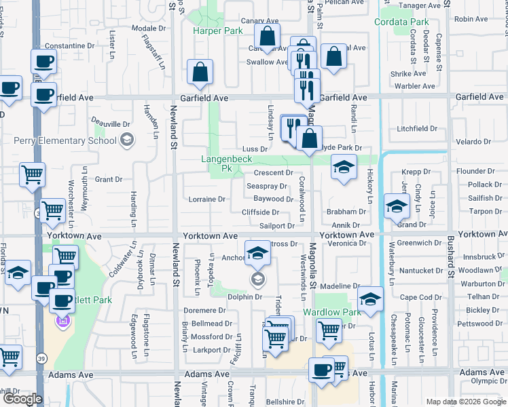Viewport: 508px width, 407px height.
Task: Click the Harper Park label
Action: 217,31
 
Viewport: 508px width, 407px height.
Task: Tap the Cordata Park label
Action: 401,22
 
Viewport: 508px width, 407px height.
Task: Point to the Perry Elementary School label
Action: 65,141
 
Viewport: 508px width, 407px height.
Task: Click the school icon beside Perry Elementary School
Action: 126,140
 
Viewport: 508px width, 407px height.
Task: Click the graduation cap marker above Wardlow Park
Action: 370,298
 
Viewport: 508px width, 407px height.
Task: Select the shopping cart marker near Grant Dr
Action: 33,174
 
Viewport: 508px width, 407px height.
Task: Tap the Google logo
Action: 22,399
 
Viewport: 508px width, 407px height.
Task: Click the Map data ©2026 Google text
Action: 465,402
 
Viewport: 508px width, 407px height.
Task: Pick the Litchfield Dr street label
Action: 417,129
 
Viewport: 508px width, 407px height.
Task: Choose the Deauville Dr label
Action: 111,125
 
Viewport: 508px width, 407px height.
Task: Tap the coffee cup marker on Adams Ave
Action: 321,370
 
